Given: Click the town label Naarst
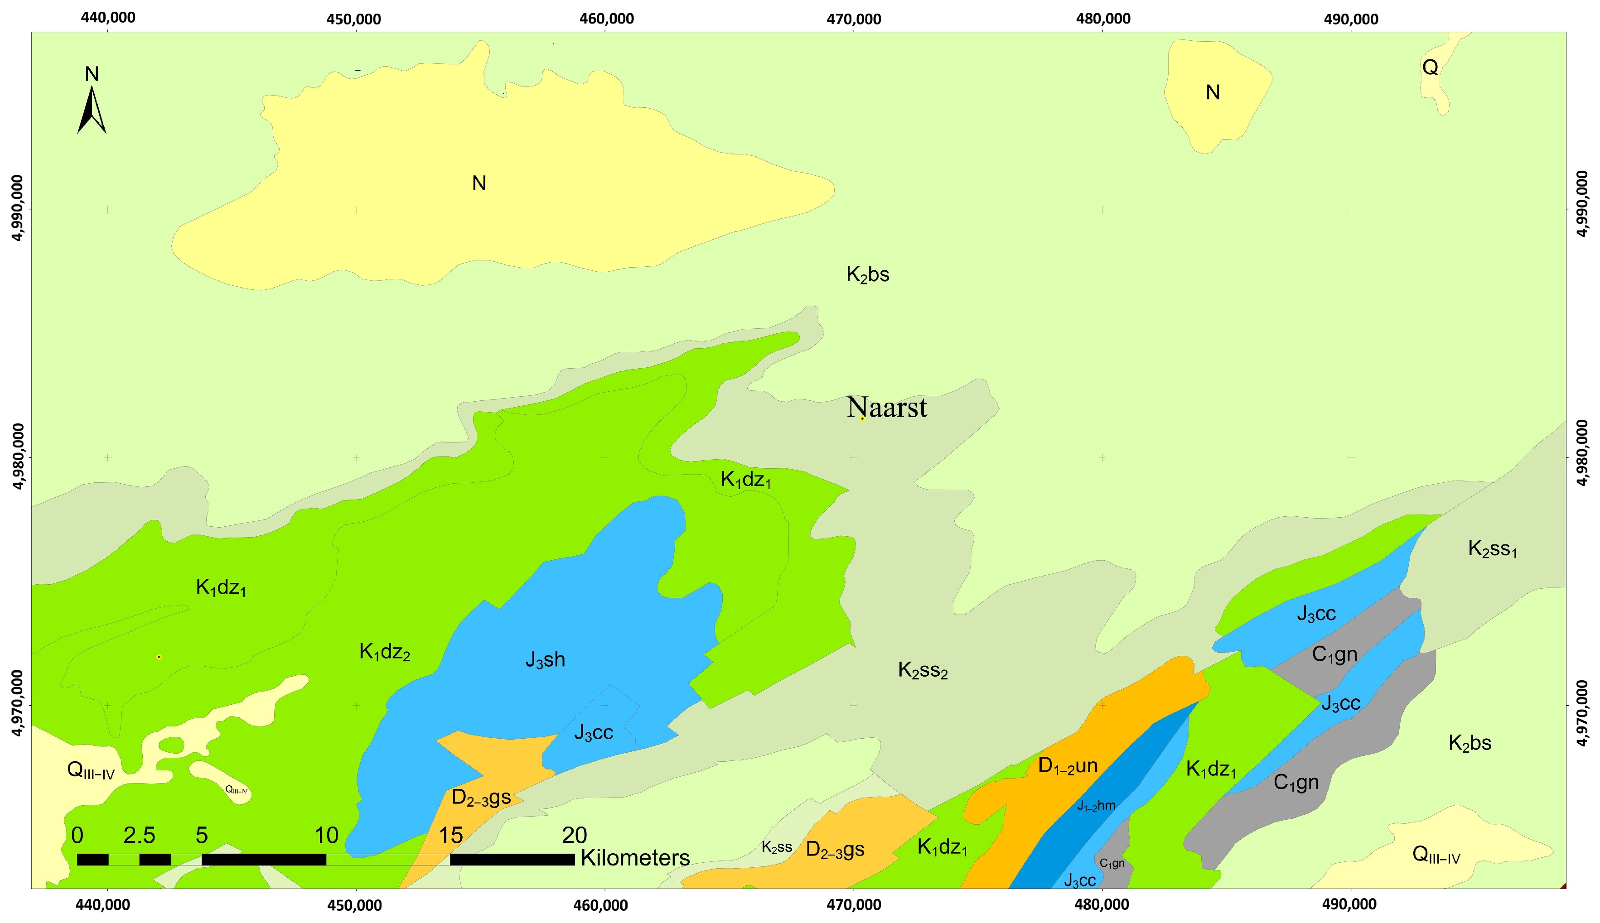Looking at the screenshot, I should pos(887,408).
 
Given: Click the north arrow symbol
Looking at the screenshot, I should pos(92,111).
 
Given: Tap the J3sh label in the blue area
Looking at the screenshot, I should pos(545,660).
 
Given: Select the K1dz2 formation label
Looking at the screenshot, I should pos(384,652).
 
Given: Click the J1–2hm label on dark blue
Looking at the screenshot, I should pos(1096,806).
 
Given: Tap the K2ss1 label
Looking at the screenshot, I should pos(1492,549).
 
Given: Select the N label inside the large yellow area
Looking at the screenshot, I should pos(479,183).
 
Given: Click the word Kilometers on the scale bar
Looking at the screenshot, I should pos(635,858).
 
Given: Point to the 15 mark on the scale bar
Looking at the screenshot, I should pos(451,836).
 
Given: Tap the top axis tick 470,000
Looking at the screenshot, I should pos(854,19).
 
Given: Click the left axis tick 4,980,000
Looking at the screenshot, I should pos(19,457).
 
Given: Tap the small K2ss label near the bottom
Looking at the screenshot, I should pos(776,847).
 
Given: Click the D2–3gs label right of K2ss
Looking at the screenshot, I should pos(835,850).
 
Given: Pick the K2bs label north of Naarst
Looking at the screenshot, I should pos(868,274).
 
